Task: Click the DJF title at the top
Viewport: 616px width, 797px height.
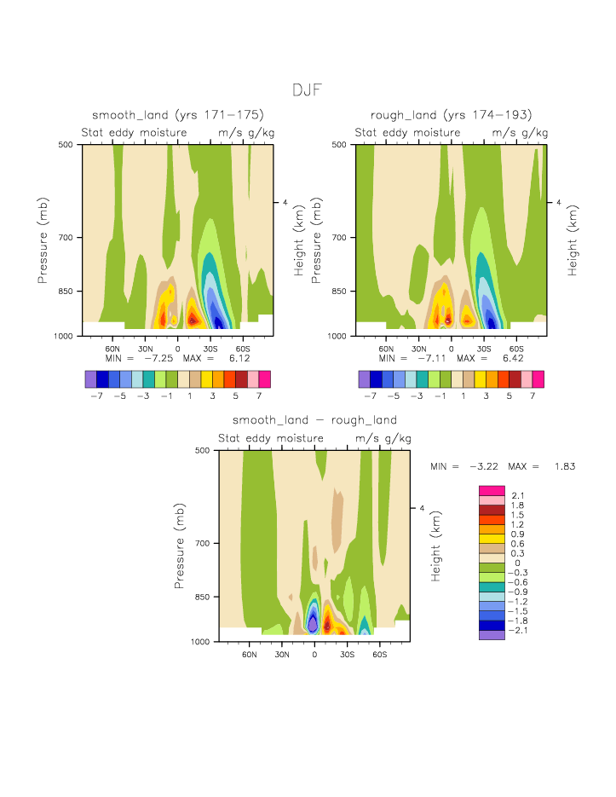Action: coord(307,90)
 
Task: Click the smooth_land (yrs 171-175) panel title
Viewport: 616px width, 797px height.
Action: coord(178,115)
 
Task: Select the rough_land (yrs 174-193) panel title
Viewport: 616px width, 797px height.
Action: coord(451,115)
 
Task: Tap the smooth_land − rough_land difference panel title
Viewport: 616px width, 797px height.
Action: coord(314,420)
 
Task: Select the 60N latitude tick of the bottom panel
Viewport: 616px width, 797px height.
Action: coord(250,654)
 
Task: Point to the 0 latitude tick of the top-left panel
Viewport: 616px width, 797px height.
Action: coord(177,349)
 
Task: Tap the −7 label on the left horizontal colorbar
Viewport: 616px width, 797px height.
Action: coord(96,396)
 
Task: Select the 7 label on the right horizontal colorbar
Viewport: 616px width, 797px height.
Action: coord(533,396)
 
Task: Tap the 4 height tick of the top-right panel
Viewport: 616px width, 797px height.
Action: coord(558,203)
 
